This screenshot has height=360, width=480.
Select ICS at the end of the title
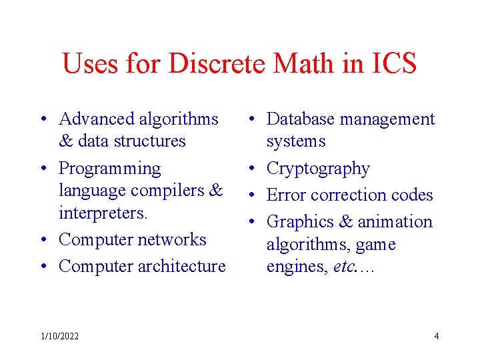tap(393, 63)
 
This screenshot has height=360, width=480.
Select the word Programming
tap(110, 169)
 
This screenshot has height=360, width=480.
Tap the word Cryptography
tap(318, 169)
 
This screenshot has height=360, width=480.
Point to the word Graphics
tap(297, 222)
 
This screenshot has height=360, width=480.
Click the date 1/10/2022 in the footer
tap(60, 336)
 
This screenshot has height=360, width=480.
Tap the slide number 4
tap(437, 336)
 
